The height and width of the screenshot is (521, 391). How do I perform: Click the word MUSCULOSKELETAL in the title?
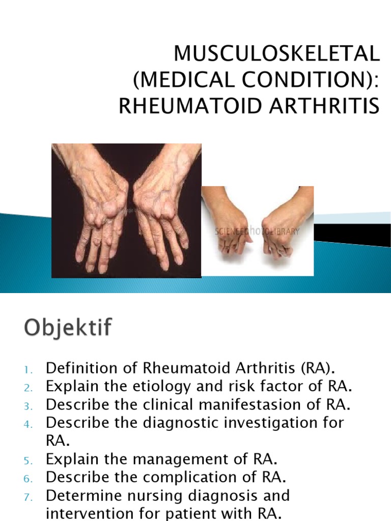click(x=277, y=53)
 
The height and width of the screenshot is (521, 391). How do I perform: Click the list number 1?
click(x=27, y=368)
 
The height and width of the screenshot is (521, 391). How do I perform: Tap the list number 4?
click(x=27, y=423)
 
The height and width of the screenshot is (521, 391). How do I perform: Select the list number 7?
click(x=27, y=496)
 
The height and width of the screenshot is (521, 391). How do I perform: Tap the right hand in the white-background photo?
click(x=283, y=224)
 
